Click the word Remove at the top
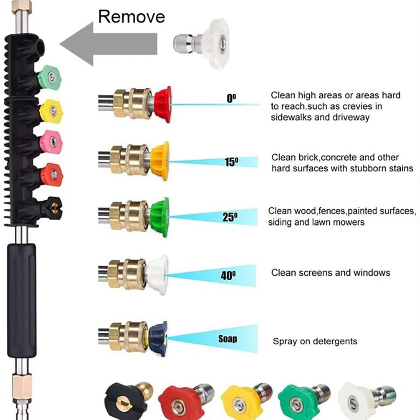point(131,17)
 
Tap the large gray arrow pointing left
point(108,44)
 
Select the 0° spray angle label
point(231,98)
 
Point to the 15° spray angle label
point(231,162)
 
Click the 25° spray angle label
point(230,217)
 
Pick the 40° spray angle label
point(228,275)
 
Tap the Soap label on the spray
point(228,339)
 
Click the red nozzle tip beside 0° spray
point(163,105)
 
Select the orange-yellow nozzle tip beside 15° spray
point(160,161)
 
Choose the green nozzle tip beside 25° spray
point(160,217)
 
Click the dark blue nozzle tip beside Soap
point(158,339)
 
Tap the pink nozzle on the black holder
point(51,141)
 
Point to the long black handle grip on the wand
point(22,301)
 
